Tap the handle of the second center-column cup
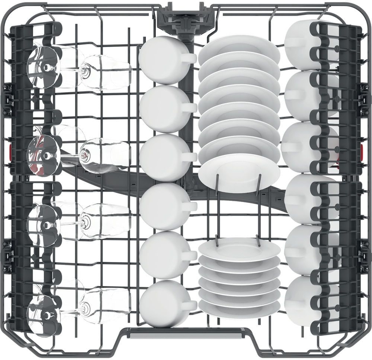(189, 107)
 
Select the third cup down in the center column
(161, 157)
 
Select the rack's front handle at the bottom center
(185, 333)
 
